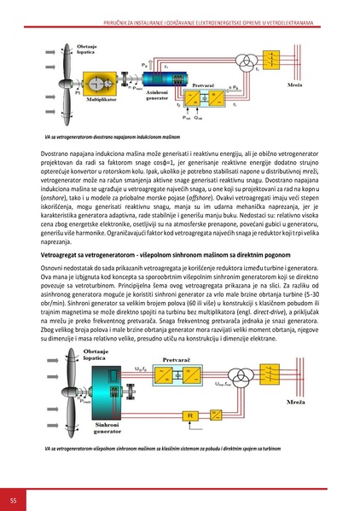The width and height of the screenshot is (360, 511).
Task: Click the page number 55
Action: pyautogui.click(x=14, y=497)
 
